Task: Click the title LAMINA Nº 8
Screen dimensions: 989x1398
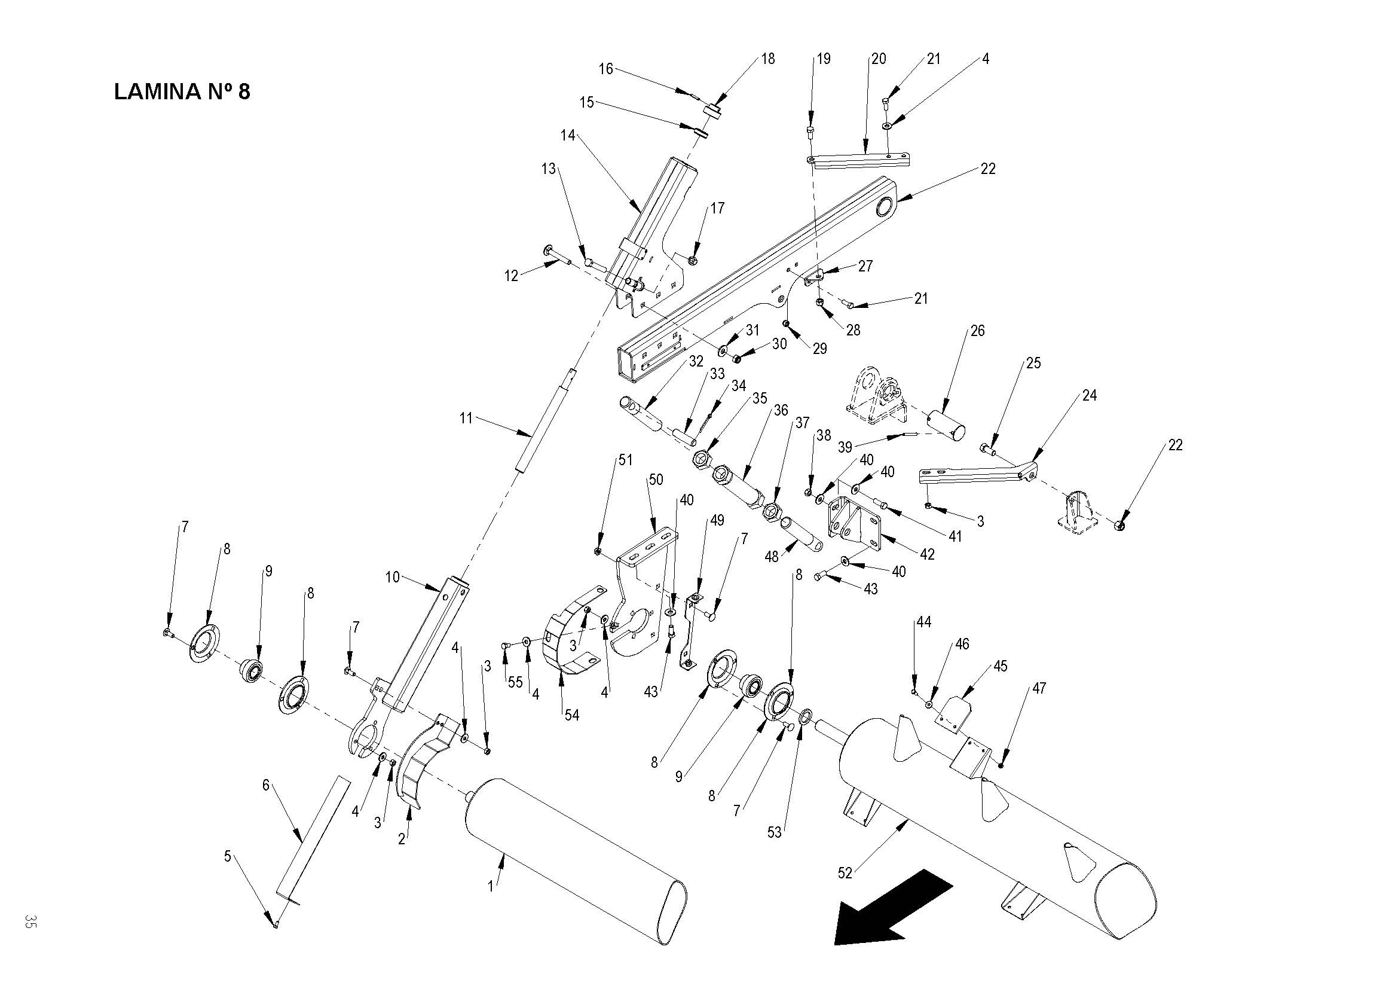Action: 182,91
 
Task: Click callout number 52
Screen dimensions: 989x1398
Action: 845,872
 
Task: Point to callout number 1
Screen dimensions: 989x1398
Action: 491,886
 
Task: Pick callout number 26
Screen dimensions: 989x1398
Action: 977,331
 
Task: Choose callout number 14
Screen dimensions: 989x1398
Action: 567,135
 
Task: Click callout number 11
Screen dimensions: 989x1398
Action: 466,419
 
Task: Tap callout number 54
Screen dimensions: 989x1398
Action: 571,715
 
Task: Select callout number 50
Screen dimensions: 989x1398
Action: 655,480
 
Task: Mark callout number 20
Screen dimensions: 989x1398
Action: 878,59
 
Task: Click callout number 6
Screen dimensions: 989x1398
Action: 265,785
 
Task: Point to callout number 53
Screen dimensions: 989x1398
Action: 774,832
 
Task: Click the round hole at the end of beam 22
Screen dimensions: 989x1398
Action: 884,207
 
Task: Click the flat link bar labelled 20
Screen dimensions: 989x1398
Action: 861,160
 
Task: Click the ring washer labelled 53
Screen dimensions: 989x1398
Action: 803,715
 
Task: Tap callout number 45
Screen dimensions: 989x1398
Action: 1001,666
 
